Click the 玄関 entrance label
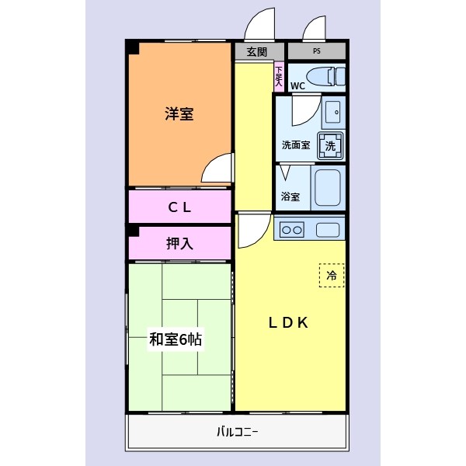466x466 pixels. pyautogui.click(x=257, y=52)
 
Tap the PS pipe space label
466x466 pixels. pyautogui.click(x=317, y=52)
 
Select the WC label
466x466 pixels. pyautogui.click(x=297, y=85)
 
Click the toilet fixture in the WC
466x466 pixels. pyautogui.click(x=327, y=76)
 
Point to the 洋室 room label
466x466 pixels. pyautogui.click(x=179, y=114)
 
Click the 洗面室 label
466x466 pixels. pyautogui.click(x=296, y=144)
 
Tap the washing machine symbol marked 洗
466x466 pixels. pyautogui.click(x=330, y=145)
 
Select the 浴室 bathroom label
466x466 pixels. pyautogui.click(x=290, y=196)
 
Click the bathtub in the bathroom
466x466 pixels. pyautogui.click(x=328, y=190)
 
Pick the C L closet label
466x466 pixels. pyautogui.click(x=179, y=207)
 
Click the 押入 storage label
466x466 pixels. pyautogui.click(x=179, y=244)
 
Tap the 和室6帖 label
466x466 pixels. pyautogui.click(x=177, y=339)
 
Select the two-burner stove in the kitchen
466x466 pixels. pyautogui.click(x=292, y=230)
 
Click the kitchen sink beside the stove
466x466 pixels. pyautogui.click(x=328, y=230)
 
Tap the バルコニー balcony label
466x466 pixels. pyautogui.click(x=237, y=433)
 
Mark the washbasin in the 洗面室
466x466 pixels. pyautogui.click(x=332, y=110)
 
